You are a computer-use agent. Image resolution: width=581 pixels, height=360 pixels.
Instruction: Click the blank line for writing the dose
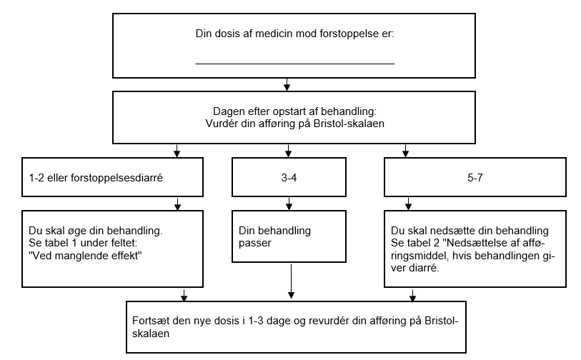(x=294, y=64)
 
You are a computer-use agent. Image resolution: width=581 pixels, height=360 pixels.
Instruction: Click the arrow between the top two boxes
(x=287, y=85)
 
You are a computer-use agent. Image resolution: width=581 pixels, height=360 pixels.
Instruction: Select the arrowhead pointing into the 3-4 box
(x=288, y=152)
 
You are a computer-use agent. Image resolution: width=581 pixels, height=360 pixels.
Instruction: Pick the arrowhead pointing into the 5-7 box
(x=406, y=152)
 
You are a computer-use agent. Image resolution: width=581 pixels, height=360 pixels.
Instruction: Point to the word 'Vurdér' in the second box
(x=221, y=122)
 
